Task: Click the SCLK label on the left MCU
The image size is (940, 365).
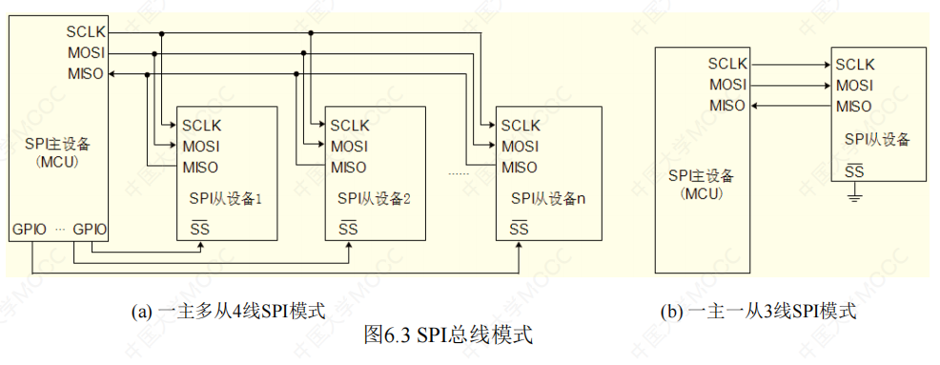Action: tap(87, 33)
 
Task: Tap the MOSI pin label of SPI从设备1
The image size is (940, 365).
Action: tap(200, 146)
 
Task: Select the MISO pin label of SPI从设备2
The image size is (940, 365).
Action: tap(349, 168)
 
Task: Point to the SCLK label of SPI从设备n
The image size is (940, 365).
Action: tap(521, 125)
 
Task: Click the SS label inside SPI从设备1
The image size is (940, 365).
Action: tap(200, 228)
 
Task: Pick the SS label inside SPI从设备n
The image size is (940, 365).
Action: tap(520, 228)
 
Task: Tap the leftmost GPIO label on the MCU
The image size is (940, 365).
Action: tap(30, 229)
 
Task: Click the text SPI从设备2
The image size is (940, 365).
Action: tap(374, 199)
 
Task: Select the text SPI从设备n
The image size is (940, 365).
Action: tap(547, 199)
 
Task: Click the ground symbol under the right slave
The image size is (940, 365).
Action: tap(854, 196)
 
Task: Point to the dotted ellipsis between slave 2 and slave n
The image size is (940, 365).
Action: tap(460, 174)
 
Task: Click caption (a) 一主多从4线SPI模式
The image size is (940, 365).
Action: tap(229, 311)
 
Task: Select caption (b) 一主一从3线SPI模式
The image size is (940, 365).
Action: tap(758, 311)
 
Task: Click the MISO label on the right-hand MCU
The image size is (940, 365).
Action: tap(727, 106)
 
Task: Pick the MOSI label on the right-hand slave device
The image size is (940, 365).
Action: tap(854, 85)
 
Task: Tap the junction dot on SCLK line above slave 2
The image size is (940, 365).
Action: tap(311, 33)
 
